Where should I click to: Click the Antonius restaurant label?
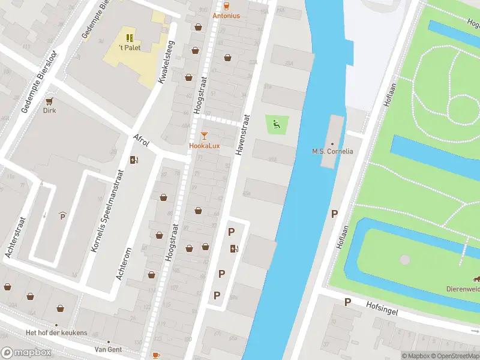coord(226,16)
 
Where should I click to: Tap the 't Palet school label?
coord(129,47)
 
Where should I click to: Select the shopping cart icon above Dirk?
coord(49,101)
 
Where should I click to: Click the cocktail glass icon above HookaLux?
coord(204,136)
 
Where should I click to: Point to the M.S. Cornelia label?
coord(332,151)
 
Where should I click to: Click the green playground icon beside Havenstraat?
coord(277,125)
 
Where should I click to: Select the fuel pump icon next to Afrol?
coord(134,160)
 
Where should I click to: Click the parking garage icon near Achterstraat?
coord(62,216)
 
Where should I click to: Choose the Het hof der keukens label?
coord(56,333)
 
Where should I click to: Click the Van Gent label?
coord(108,349)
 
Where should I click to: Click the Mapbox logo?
coord(26,353)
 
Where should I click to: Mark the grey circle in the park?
coord(405,260)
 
